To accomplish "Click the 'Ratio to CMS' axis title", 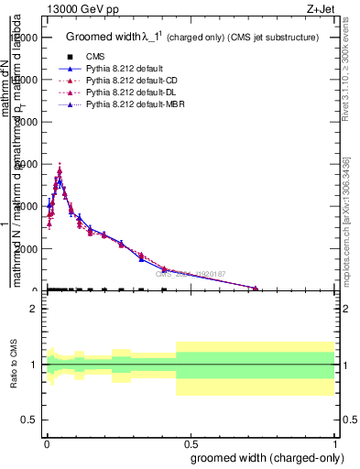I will coord(14,365).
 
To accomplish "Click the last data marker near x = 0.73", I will coord(256,288).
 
